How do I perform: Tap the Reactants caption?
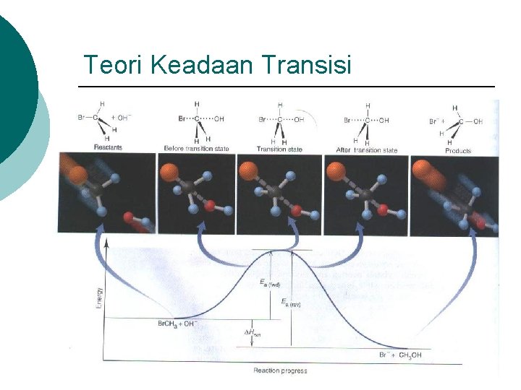coord(107,147)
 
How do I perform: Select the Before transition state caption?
coord(196,149)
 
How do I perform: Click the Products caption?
coord(458,151)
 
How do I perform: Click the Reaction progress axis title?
coord(280,370)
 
